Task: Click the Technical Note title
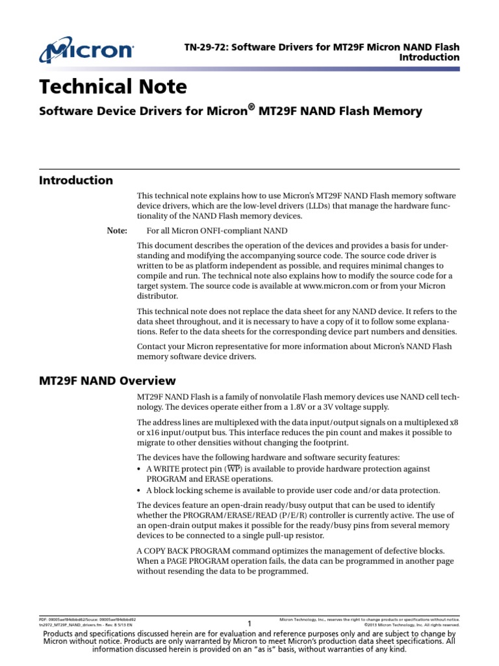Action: coord(113,87)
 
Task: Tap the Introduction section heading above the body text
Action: coord(76,180)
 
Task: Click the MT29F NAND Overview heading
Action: coord(107,380)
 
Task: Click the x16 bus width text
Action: coord(149,433)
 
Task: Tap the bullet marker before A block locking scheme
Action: coord(141,490)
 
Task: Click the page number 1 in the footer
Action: coord(249,624)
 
